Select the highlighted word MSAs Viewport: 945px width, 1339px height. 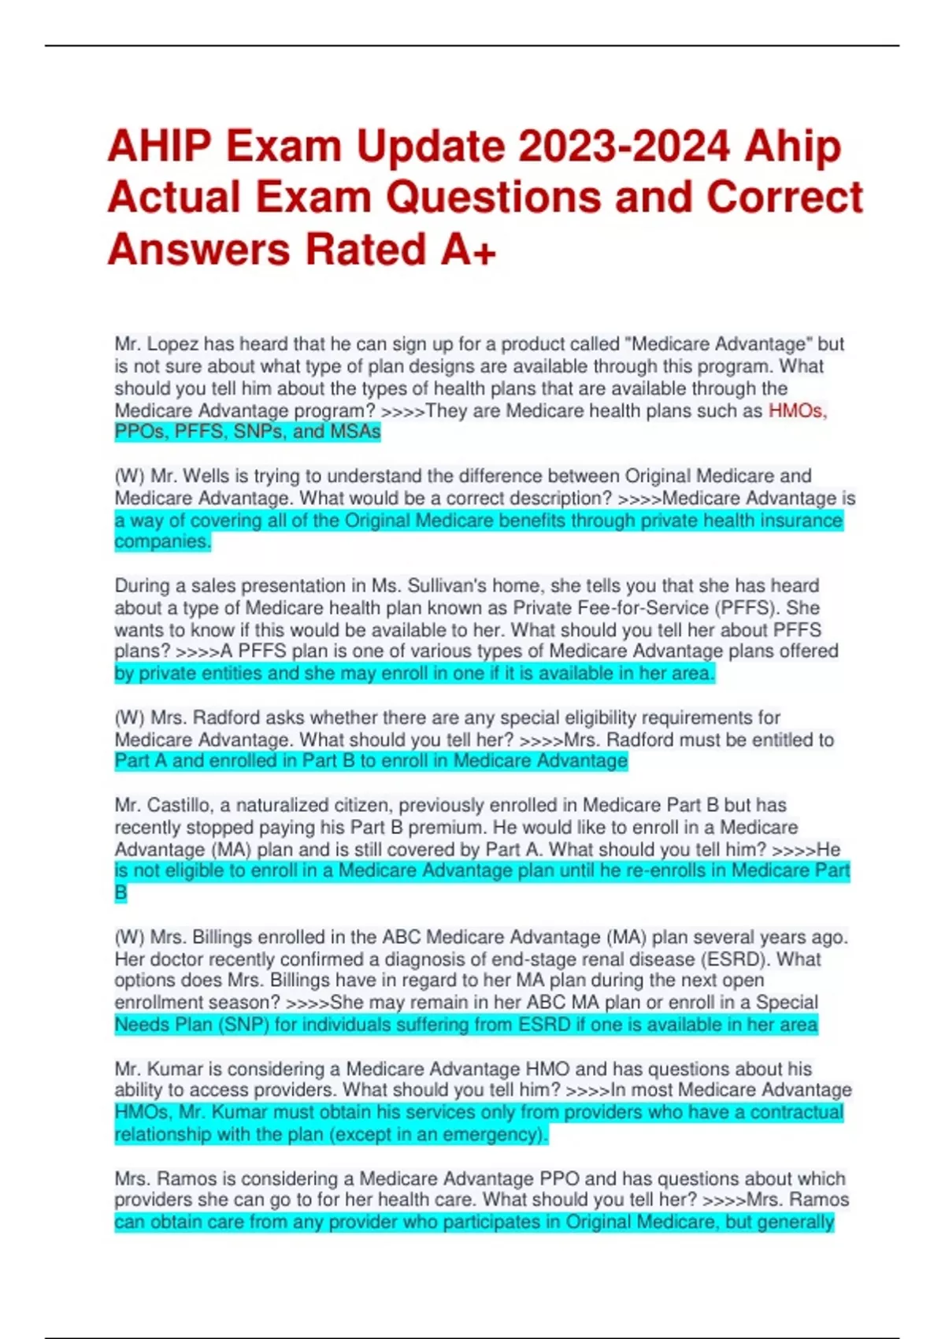tap(355, 432)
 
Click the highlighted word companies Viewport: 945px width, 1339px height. tap(162, 542)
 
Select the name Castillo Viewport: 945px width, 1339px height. tap(180, 806)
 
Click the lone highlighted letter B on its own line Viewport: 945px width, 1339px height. tap(120, 893)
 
